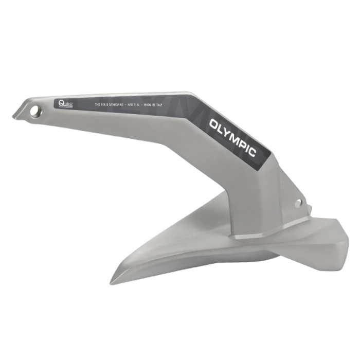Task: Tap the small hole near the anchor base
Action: (x=298, y=204)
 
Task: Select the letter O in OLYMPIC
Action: (x=215, y=124)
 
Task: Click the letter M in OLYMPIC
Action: (x=239, y=136)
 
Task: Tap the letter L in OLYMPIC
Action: (x=223, y=129)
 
